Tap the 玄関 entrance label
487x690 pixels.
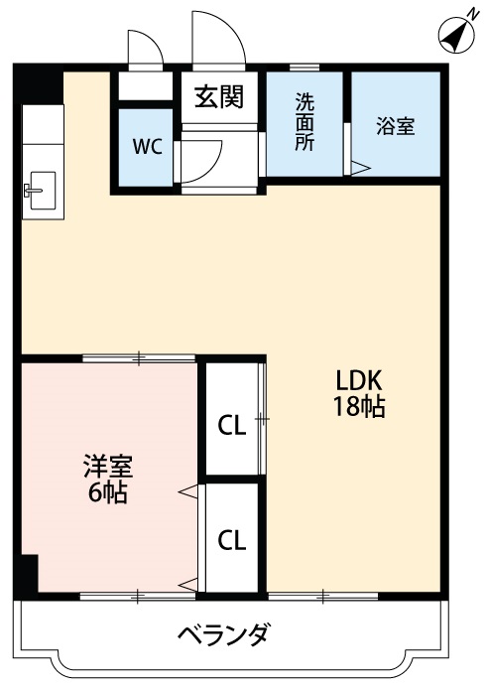(x=219, y=97)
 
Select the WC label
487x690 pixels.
(x=147, y=147)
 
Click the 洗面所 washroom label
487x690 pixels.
(x=304, y=121)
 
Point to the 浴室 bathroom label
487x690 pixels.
(x=395, y=126)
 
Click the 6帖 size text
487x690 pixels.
(x=107, y=493)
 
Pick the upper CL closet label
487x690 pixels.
(x=231, y=427)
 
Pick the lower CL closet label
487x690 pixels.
(x=231, y=541)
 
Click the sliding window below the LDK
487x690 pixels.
(x=323, y=596)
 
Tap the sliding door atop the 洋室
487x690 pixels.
(x=139, y=357)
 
